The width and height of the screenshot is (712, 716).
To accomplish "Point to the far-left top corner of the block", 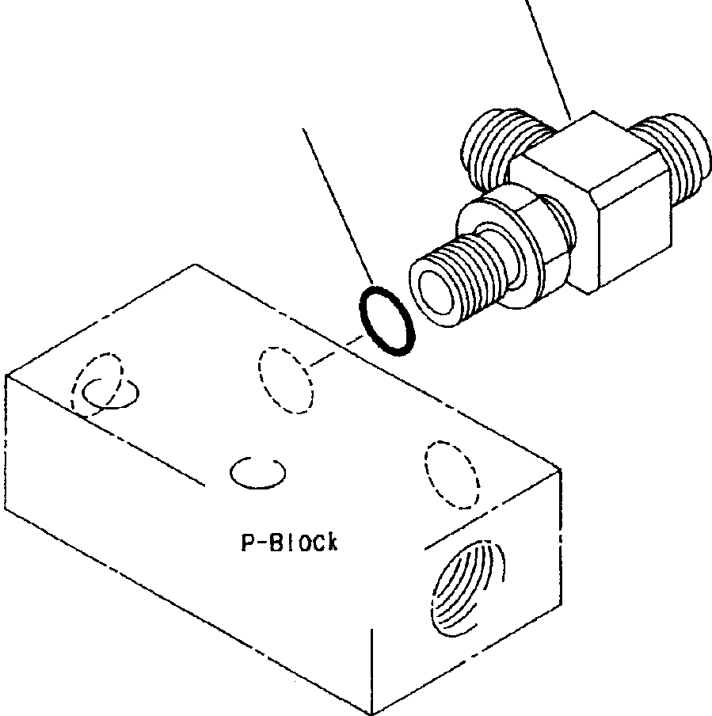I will point(6,374).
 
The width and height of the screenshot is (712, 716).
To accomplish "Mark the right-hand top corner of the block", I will point(562,470).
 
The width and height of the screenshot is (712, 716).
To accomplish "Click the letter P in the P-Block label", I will point(246,543).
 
